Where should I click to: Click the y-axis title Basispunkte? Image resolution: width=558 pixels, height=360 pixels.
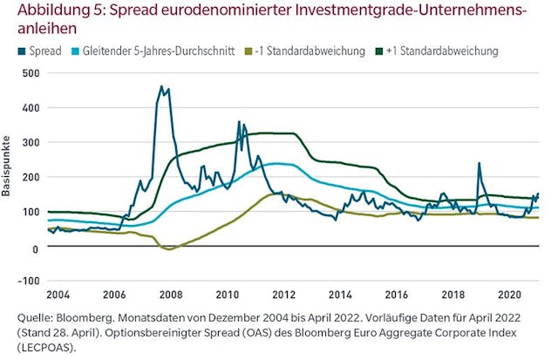[x=8, y=166]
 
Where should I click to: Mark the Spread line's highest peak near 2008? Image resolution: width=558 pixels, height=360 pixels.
[x=161, y=87]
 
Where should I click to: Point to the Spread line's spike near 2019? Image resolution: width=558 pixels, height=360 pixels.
[x=479, y=164]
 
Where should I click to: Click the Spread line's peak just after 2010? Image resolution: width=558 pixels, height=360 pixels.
[x=240, y=123]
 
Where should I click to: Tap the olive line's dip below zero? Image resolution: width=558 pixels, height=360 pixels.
[x=171, y=249]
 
